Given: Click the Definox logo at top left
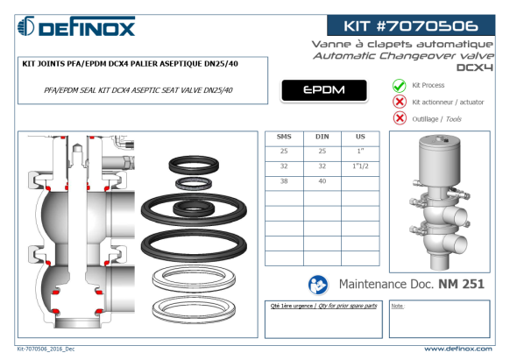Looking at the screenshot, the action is pos(76,26).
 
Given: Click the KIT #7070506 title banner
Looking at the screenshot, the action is pos(411,25).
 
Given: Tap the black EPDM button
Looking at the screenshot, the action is pos(324,90).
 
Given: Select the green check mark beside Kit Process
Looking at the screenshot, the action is pos(399,86).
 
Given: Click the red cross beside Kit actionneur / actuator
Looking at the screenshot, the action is pos(400,102).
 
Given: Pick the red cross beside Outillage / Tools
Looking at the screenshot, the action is pos(400,118).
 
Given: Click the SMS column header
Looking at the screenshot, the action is pos(284,137).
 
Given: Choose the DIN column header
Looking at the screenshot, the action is pos(322,137).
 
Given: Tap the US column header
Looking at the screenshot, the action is pos(360,137).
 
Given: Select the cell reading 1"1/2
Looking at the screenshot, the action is pos(360,166).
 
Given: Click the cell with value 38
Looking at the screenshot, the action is pos(284,181).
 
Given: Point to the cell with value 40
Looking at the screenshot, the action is pos(322,181).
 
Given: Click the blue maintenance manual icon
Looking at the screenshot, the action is pos(318,285).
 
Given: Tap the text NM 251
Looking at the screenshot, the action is pos(461,284).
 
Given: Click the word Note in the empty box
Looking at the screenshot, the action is pos(397,306).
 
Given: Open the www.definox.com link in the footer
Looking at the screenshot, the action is pos(458,349).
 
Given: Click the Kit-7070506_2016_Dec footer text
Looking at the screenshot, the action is pos(46,349).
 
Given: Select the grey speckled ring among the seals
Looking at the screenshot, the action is pos(194,184).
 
